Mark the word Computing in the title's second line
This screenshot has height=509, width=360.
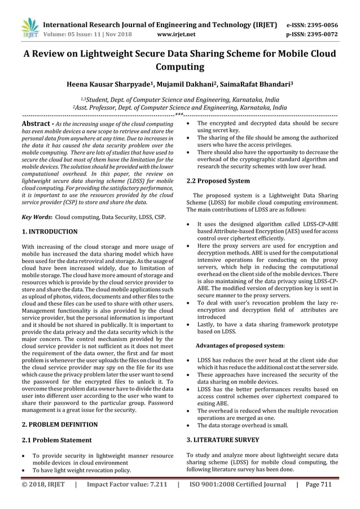pos(180,68)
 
